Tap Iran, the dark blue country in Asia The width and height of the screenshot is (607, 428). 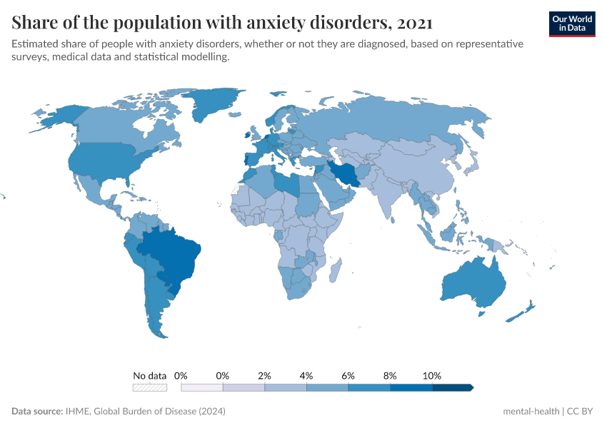click(x=345, y=173)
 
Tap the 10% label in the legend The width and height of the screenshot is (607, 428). click(x=432, y=375)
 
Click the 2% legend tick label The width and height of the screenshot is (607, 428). click(x=265, y=375)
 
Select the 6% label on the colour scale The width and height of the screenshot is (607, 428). click(x=348, y=375)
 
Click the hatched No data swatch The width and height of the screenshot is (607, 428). click(x=150, y=387)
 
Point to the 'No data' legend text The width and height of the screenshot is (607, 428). click(x=150, y=375)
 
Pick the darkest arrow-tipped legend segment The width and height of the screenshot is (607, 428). click(x=453, y=387)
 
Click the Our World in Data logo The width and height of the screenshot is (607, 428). click(x=572, y=24)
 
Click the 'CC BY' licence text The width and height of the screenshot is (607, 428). click(x=581, y=412)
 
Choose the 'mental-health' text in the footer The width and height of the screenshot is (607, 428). click(x=531, y=412)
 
